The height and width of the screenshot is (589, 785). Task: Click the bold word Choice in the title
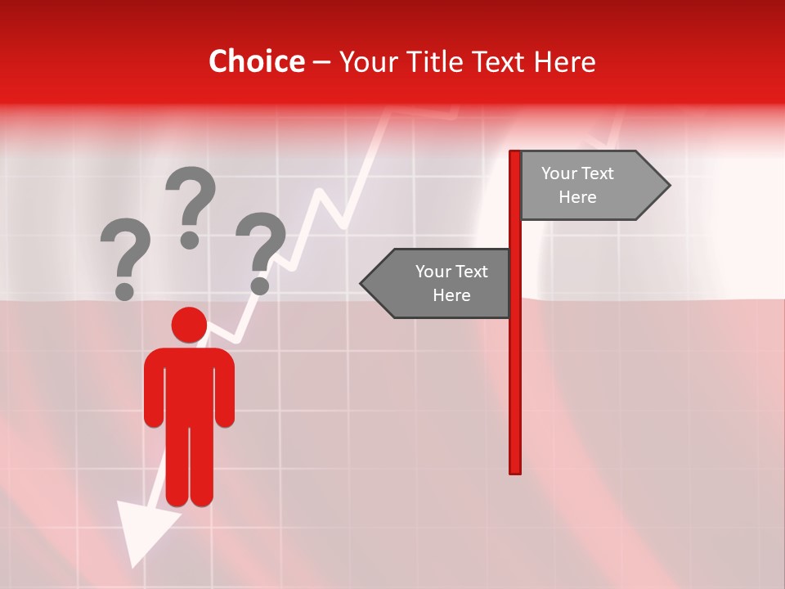pos(256,61)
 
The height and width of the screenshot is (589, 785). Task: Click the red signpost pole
pos(514,368)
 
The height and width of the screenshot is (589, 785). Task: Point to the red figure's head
pos(189,325)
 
